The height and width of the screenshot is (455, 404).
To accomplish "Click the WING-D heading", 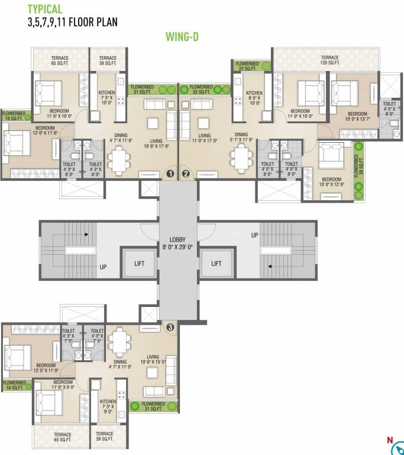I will pos(181,37).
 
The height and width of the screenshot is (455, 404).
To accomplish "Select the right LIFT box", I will pos(216,263).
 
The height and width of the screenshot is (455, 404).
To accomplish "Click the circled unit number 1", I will pos(170,174).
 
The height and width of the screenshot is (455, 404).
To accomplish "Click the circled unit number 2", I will pos(186,174).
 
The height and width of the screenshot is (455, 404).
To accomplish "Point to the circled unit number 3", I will pos(170,326).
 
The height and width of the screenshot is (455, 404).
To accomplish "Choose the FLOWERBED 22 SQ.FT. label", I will pos(249,66).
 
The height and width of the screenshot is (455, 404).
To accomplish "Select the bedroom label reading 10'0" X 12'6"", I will pos(331,182).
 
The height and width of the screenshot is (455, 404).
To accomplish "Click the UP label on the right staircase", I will pos(255,235).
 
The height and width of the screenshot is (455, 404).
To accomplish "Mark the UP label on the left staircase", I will pos(103,267).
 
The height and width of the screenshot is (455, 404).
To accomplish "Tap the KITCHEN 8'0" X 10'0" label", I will pos(254,97).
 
